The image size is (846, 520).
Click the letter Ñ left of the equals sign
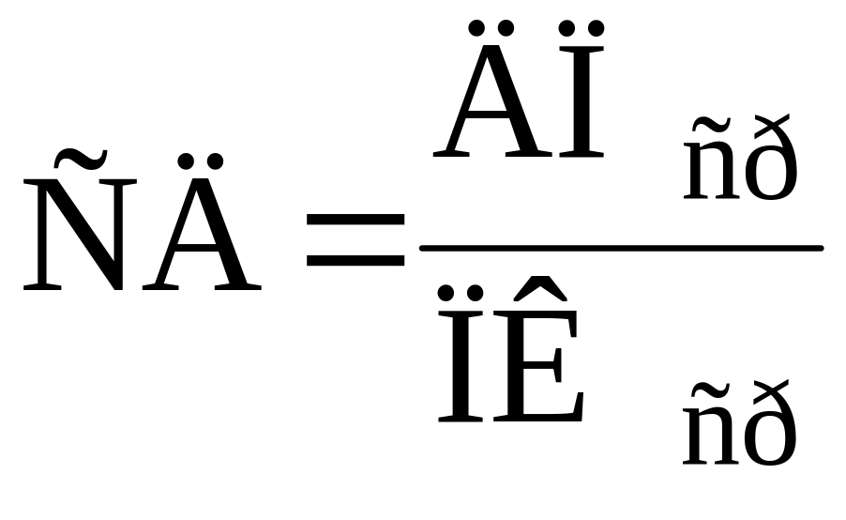point(80,219)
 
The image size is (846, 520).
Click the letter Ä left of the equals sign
point(202,222)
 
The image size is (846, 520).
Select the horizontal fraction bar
point(622,248)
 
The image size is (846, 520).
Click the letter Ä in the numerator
point(492,89)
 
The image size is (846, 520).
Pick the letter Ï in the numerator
point(582,89)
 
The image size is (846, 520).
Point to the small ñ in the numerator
point(711,159)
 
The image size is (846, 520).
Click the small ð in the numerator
point(770,157)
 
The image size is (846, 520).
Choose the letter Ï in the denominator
point(460,354)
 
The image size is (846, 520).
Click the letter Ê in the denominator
point(538,349)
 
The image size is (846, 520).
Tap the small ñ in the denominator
point(711,424)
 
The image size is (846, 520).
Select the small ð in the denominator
point(770,422)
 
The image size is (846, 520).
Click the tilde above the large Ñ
point(81,158)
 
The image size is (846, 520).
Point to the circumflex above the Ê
point(540,288)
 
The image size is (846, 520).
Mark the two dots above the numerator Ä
point(491,28)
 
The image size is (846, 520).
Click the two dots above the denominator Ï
point(461,294)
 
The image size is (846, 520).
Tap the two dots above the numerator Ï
point(582,28)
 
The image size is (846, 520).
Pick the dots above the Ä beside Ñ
point(201,161)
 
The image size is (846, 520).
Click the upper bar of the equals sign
point(355,220)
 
